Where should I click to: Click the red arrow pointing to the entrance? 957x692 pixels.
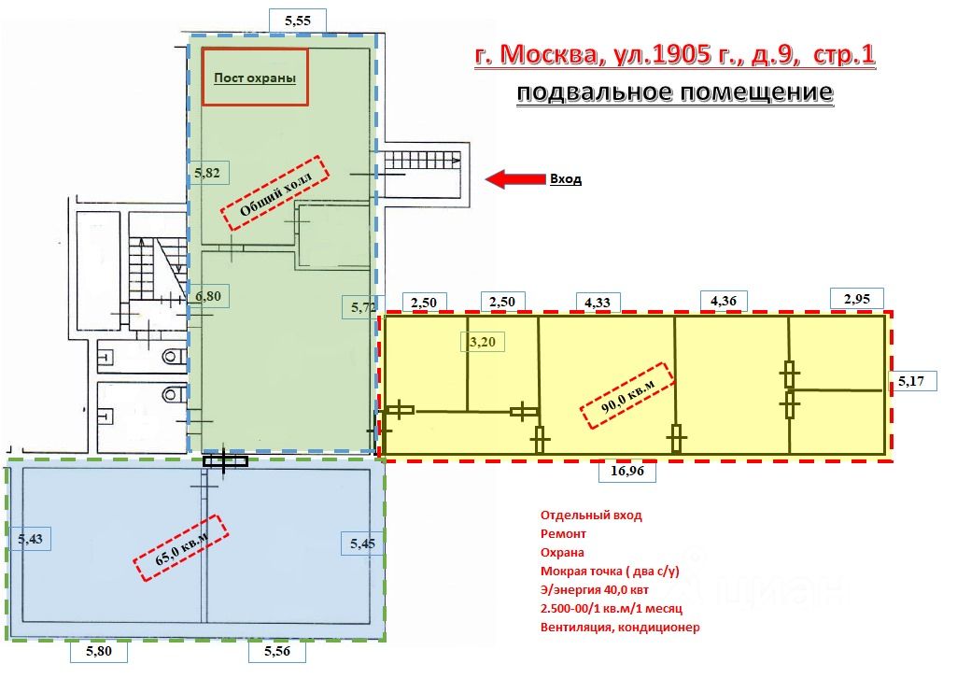point(514,178)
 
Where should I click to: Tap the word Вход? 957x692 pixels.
point(565,179)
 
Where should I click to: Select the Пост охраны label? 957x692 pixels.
point(255,78)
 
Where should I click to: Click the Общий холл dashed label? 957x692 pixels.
point(276,192)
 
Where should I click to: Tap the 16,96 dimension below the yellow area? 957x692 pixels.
point(628,473)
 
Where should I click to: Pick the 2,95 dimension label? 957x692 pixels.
point(856,299)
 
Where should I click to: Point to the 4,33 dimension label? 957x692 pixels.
point(598,302)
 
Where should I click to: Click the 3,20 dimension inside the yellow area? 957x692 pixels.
point(485,342)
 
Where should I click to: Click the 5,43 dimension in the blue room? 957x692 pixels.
point(29,538)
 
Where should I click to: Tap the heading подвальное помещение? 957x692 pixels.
point(672,93)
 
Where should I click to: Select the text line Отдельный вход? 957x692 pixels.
point(591,515)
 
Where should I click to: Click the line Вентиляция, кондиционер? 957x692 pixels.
point(620,628)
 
